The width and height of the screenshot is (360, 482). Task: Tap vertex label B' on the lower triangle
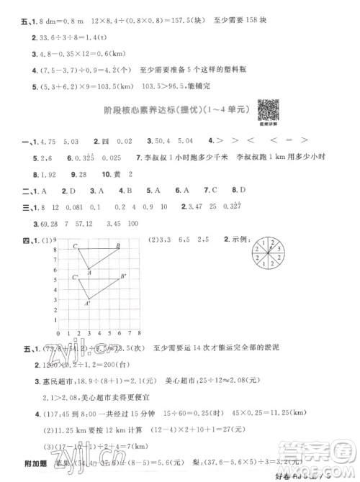[125, 277]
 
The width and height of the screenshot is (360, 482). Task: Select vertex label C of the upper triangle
[74, 247]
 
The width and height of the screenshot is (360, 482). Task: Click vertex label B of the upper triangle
[120, 247]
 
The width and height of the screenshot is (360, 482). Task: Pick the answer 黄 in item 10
[115, 174]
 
